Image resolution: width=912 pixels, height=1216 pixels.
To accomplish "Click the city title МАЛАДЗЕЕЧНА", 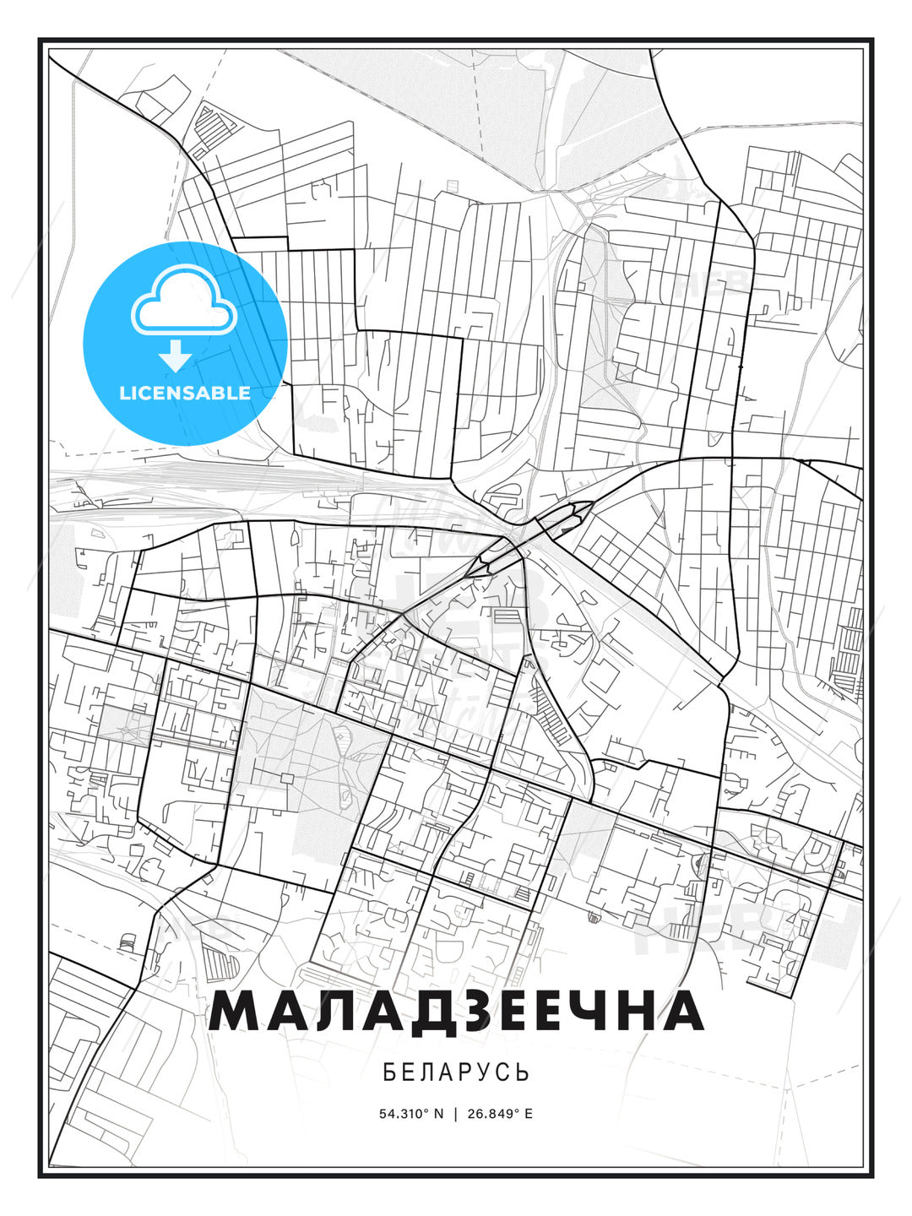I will coord(456,1012).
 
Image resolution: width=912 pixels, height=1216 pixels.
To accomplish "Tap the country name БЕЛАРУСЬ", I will coord(456,1072).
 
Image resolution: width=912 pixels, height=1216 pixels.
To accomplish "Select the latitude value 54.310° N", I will coord(411,1113).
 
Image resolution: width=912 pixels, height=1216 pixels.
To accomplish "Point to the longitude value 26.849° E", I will coord(499,1113).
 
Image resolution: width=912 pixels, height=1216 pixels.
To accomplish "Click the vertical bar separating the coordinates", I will coord(456,1113).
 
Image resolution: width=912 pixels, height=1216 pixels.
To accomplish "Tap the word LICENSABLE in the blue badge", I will coord(185,393).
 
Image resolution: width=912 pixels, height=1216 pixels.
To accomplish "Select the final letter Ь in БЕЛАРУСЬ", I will coord(524,1072).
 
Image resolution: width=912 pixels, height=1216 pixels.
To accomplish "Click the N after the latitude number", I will coord(438,1113).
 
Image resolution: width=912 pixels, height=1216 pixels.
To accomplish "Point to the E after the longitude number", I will coord(529,1113).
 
